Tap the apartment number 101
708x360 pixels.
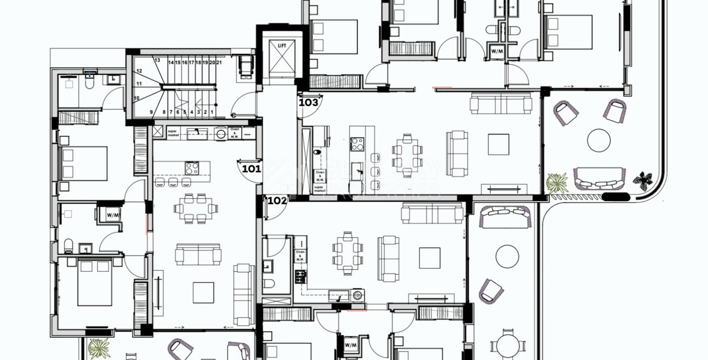coord(251,169)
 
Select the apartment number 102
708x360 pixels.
coord(277,201)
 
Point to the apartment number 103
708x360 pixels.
coord(308,102)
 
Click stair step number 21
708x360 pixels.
coord(220,62)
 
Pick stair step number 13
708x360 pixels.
coord(157,61)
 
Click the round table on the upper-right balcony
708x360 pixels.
coord(598,140)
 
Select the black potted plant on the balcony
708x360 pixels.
coord(646,178)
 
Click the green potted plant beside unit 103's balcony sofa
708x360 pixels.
coord(557,182)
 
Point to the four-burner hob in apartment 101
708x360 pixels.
coord(192,167)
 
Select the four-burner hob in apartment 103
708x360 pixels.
coord(357,143)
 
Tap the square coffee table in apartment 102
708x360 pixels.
coord(429,258)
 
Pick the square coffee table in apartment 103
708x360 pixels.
coord(498,144)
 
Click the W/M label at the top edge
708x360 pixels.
coord(497,51)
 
